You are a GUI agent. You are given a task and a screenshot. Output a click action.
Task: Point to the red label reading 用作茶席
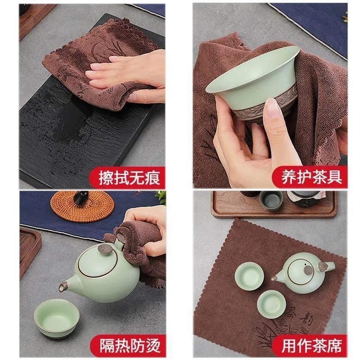pyautogui.click(x=310, y=346)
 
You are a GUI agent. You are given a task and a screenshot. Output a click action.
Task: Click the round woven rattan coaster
pyautogui.click(x=82, y=206)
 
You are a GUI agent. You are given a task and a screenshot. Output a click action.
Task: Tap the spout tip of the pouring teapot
pyautogui.click(x=62, y=287)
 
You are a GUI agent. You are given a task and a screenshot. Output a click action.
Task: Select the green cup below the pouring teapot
pyautogui.click(x=57, y=318)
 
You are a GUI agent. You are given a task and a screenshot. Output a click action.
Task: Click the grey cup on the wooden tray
pyautogui.click(x=271, y=200)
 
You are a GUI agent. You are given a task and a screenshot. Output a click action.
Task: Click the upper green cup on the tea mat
pyautogui.click(x=249, y=276)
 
